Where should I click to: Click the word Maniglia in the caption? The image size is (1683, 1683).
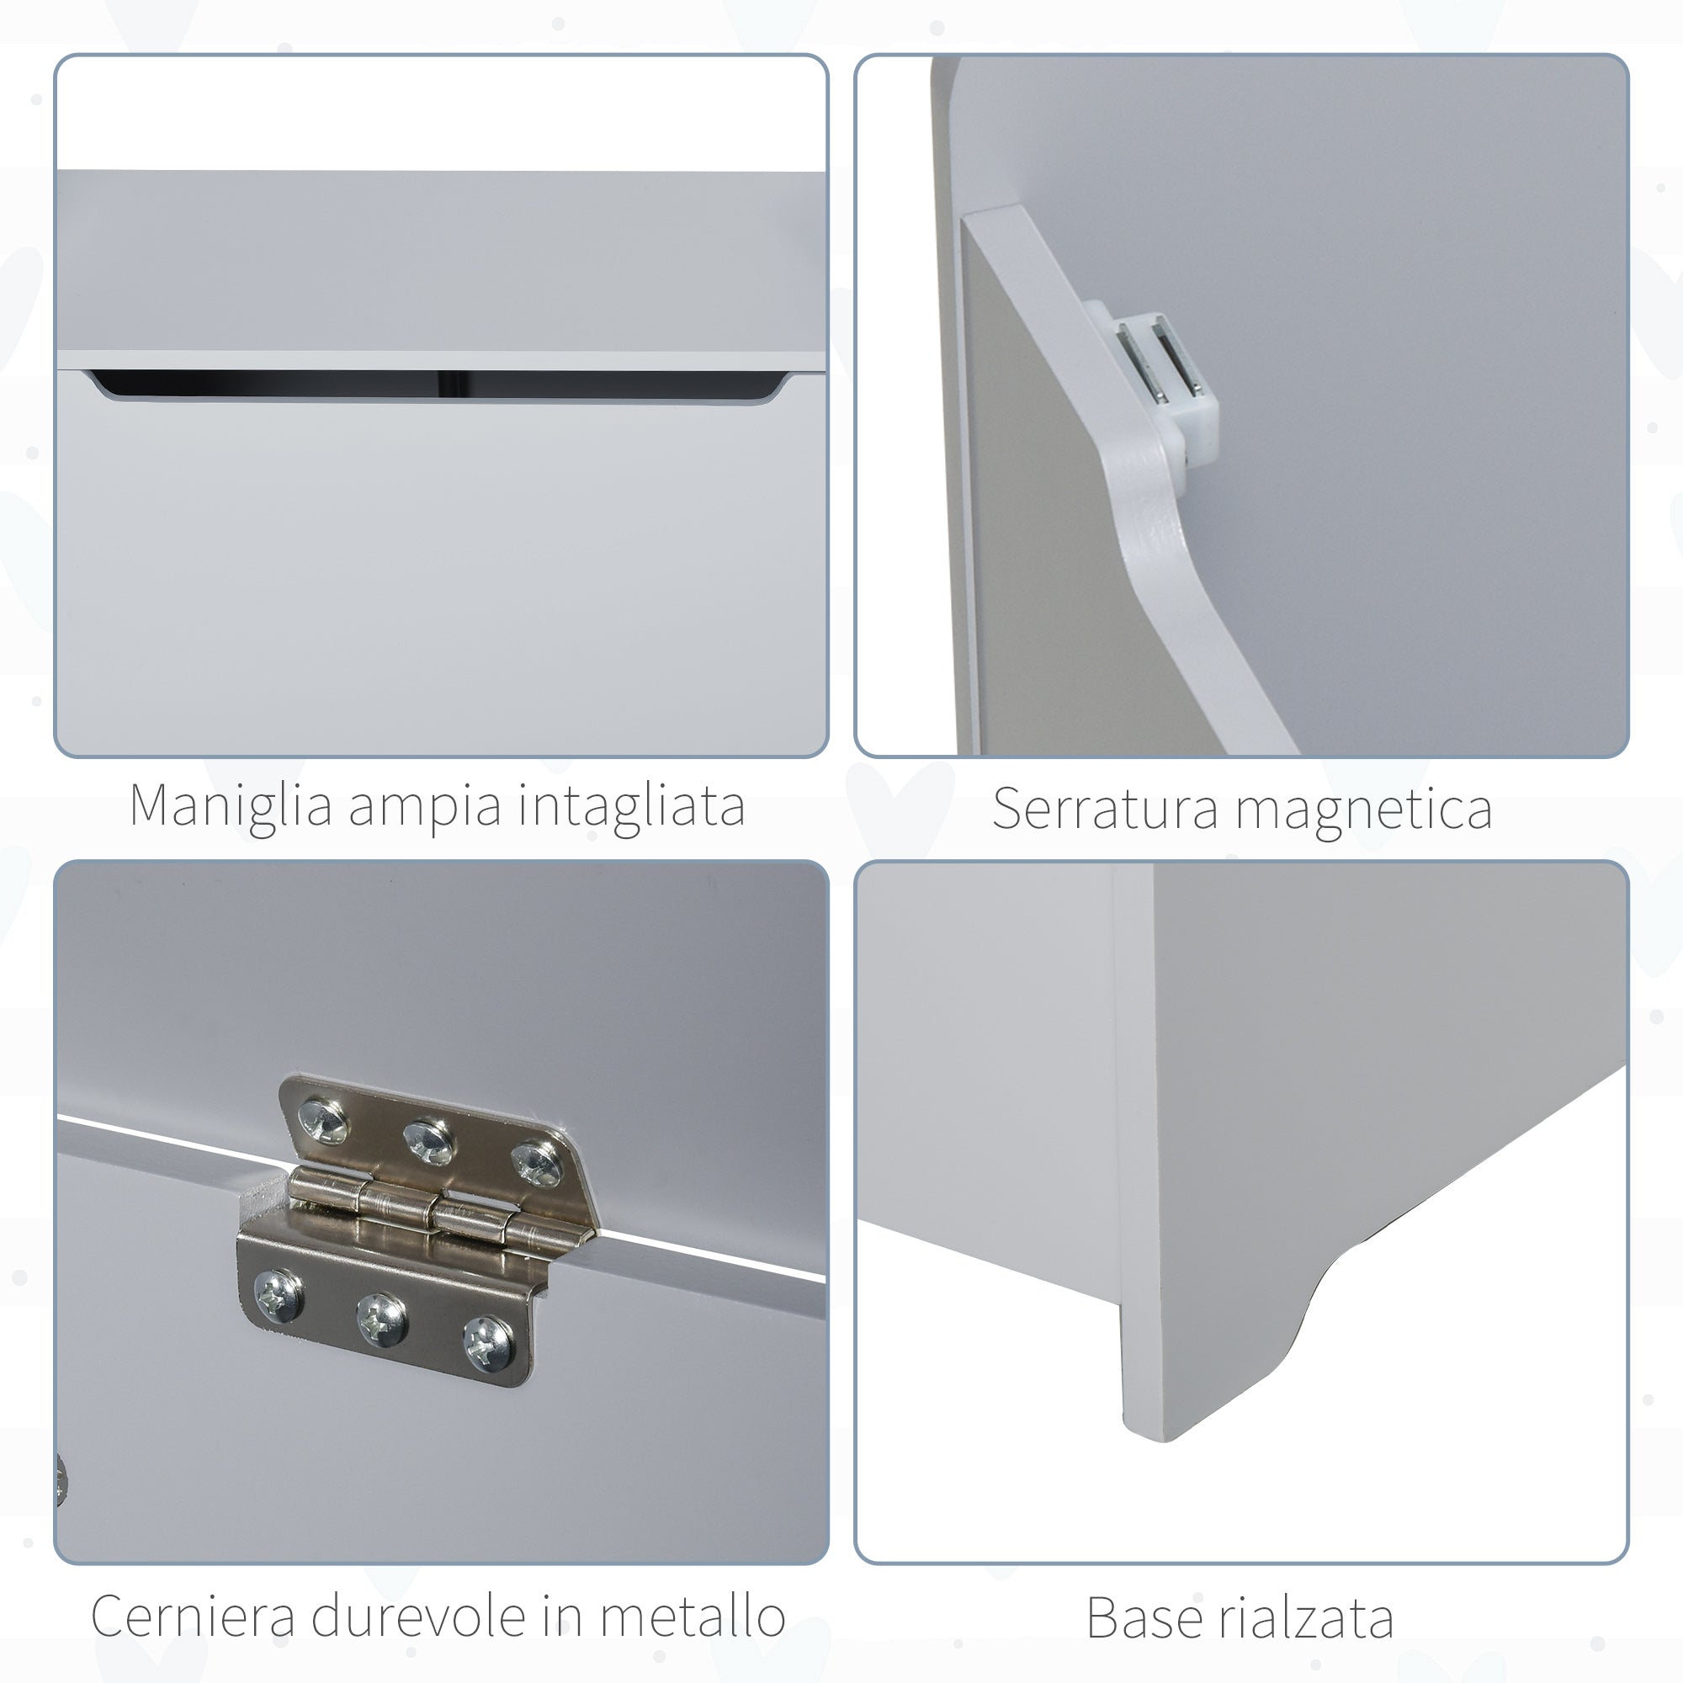click(x=231, y=806)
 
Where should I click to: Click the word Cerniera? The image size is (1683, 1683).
click(x=193, y=1617)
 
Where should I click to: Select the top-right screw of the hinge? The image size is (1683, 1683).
click(x=535, y=1163)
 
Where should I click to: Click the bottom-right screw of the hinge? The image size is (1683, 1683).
click(x=488, y=1341)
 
